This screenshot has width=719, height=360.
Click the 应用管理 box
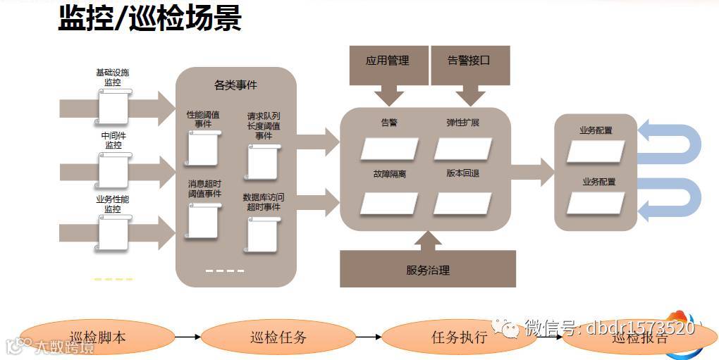tap(388, 61)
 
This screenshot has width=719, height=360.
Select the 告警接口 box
tap(469, 61)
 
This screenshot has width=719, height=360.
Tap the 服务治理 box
tap(427, 270)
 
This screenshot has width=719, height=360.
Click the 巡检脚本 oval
tap(99, 337)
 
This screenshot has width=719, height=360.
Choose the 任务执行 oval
tap(459, 337)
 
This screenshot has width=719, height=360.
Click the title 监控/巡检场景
tap(149, 19)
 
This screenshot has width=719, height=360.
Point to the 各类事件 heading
tap(235, 85)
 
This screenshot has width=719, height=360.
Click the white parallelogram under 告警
tap(389, 149)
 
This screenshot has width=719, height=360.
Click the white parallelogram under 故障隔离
tap(389, 203)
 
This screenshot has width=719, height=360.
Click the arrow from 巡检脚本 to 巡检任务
tap(188, 337)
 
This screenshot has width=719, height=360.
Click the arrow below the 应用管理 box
tap(388, 94)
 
